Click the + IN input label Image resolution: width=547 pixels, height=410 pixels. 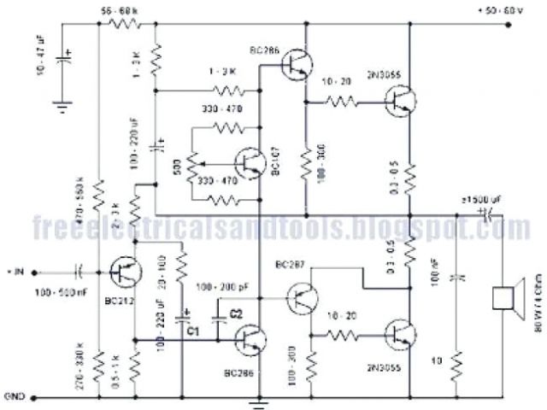pos(15,272)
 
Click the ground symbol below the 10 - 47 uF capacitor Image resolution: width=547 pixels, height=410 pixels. pos(61,106)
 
